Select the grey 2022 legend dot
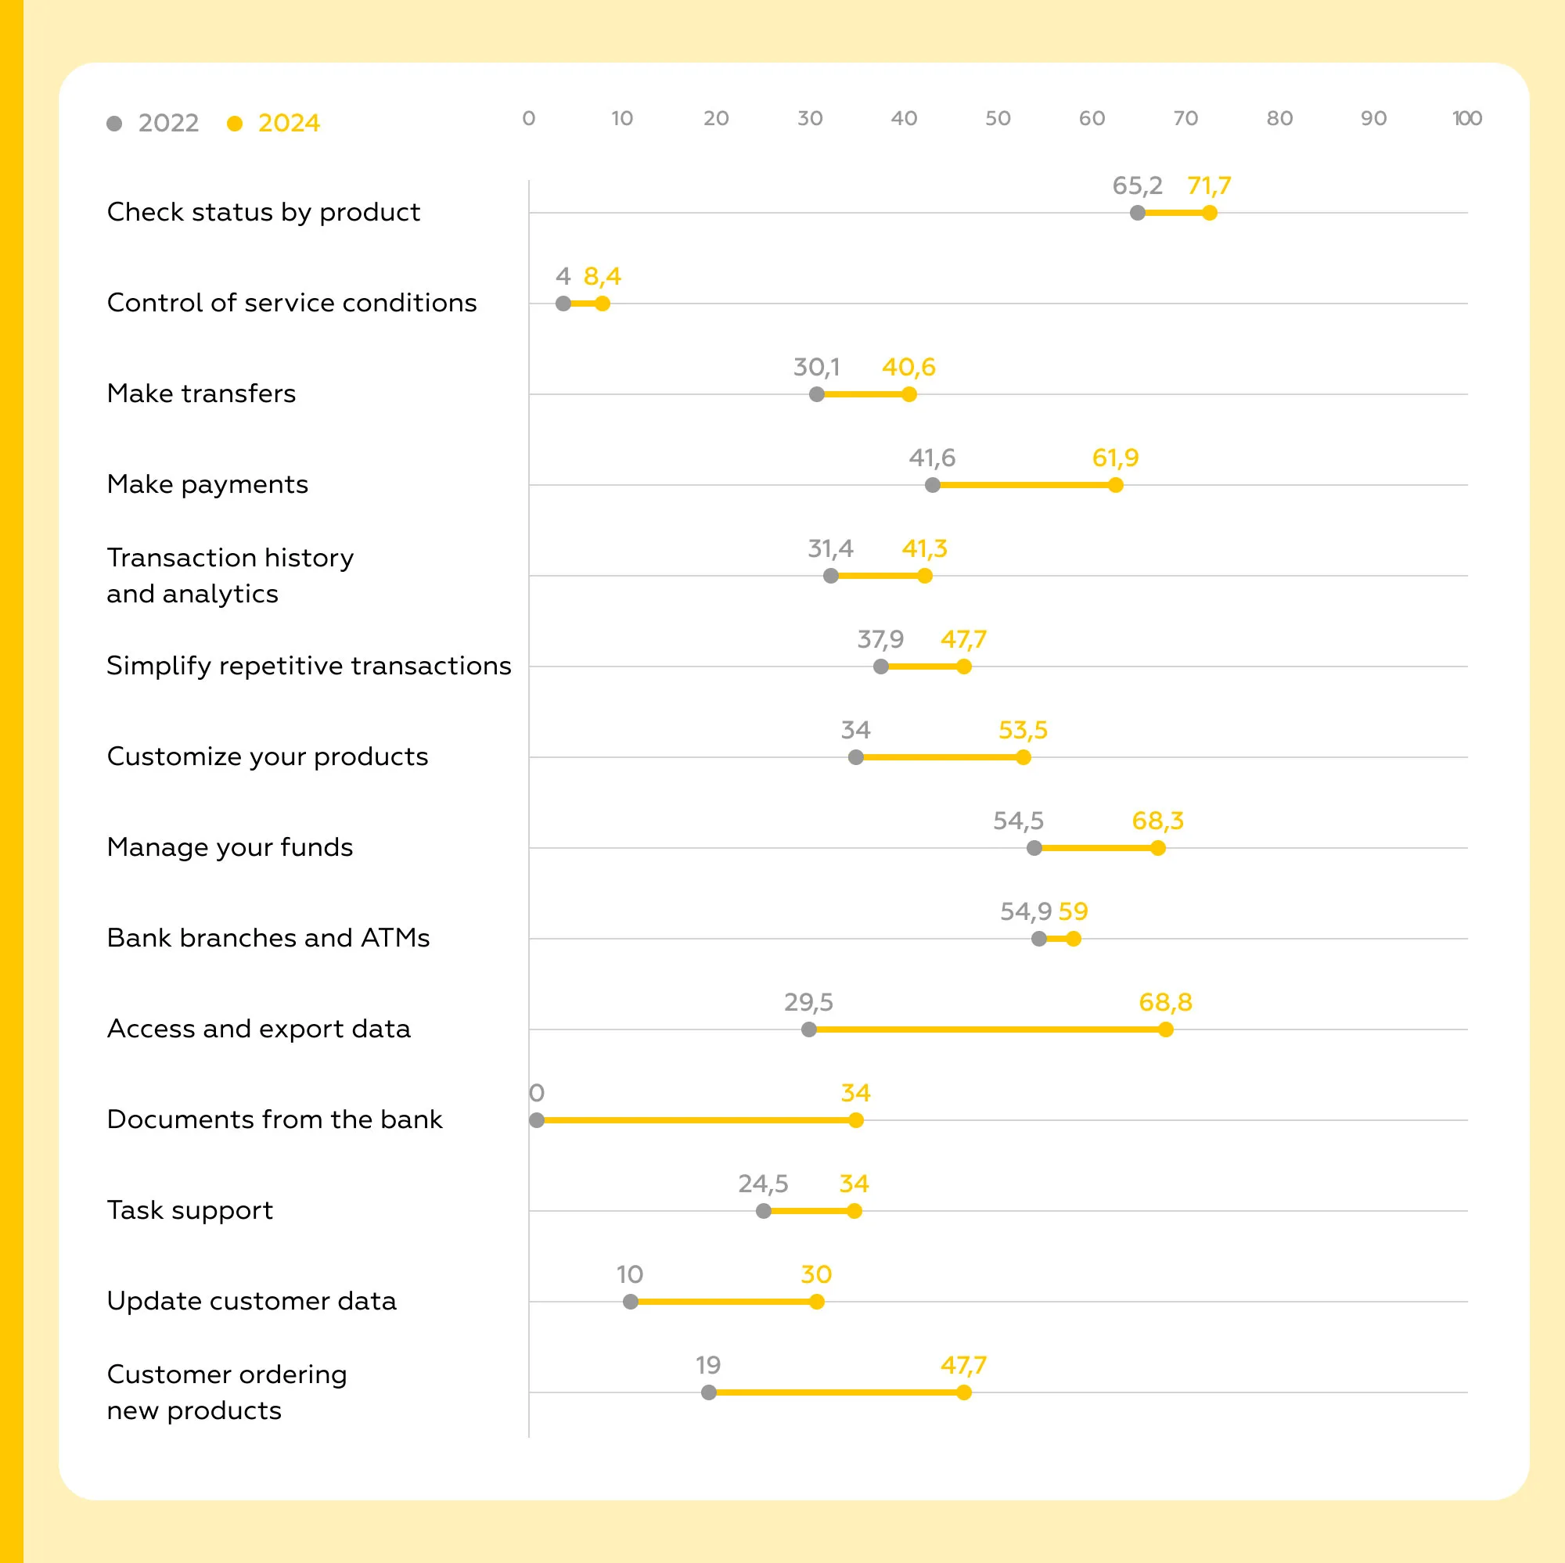point(114,123)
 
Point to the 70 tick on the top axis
point(1185,118)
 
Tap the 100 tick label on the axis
point(1466,118)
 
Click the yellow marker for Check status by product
point(1210,213)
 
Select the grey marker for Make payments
point(933,485)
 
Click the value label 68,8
point(1165,1002)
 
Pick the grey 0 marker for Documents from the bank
point(536,1120)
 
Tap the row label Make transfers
point(201,393)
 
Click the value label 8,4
point(602,276)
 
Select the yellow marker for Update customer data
point(816,1302)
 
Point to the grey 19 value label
point(708,1364)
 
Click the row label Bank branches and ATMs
point(268,938)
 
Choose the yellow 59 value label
point(1073,911)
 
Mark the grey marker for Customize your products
point(855,757)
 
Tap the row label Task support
point(189,1210)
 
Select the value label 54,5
point(1018,821)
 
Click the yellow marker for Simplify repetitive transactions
point(963,667)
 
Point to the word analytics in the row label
point(220,594)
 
